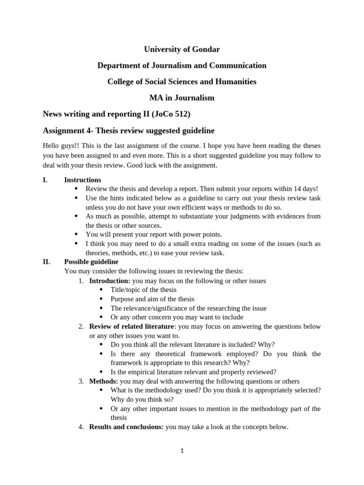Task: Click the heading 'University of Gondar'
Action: (182, 49)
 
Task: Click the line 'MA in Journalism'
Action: (182, 98)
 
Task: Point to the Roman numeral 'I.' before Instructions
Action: (45, 180)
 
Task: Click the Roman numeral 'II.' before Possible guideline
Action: (46, 262)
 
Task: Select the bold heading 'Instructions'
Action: (82, 180)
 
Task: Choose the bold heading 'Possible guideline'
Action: (91, 262)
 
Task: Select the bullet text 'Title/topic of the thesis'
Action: (143, 290)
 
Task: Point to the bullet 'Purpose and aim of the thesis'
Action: (152, 299)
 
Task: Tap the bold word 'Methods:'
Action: (103, 381)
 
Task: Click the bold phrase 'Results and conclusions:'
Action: (126, 427)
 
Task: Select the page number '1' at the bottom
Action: (182, 451)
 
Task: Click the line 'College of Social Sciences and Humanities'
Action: (182, 82)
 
